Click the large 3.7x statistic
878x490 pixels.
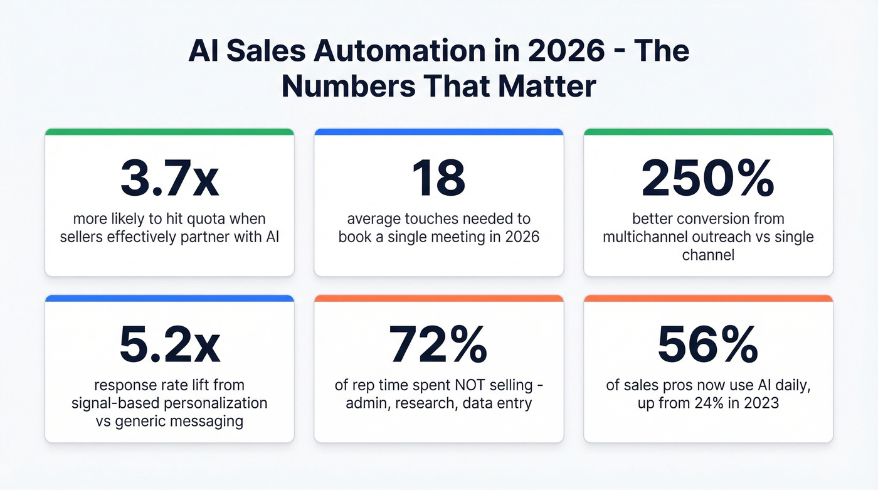coord(169,178)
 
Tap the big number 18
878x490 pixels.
coord(439,178)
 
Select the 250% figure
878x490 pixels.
coord(708,178)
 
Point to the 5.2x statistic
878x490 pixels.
coord(169,345)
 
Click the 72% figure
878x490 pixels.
coord(438,345)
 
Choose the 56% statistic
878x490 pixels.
coord(708,345)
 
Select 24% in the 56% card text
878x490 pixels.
coord(700,403)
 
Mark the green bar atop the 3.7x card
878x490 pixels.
coord(169,132)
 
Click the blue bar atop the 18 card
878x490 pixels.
coord(438,132)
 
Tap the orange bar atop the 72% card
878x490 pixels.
coord(438,299)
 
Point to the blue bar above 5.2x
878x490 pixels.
coord(169,299)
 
